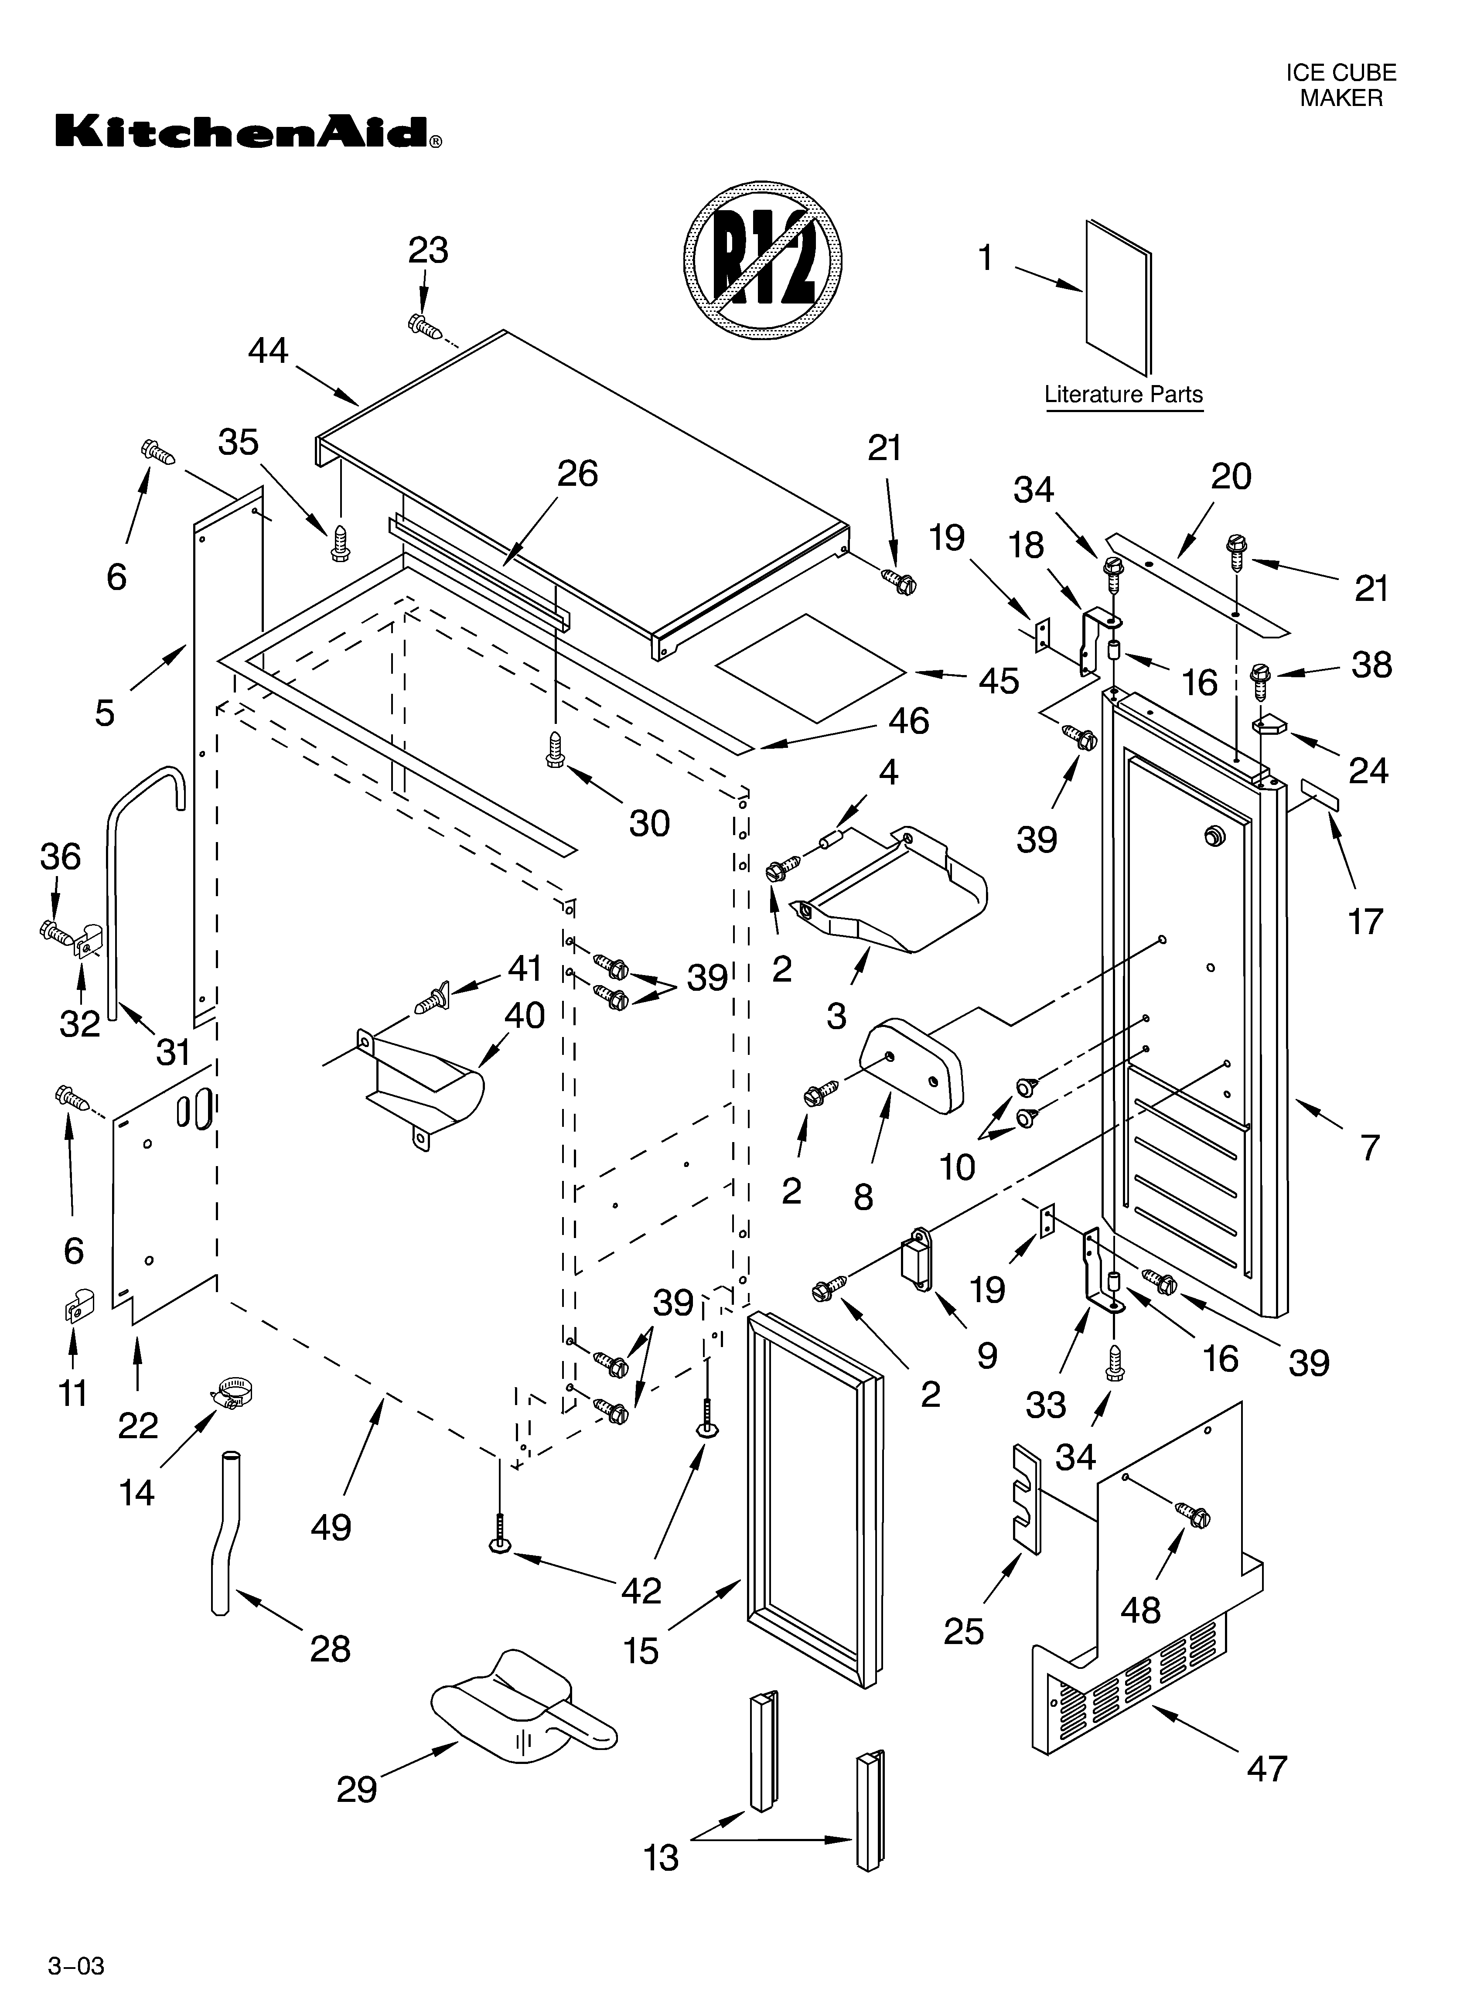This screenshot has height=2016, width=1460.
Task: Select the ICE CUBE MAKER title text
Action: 1341,85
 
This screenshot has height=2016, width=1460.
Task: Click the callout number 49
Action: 331,1527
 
